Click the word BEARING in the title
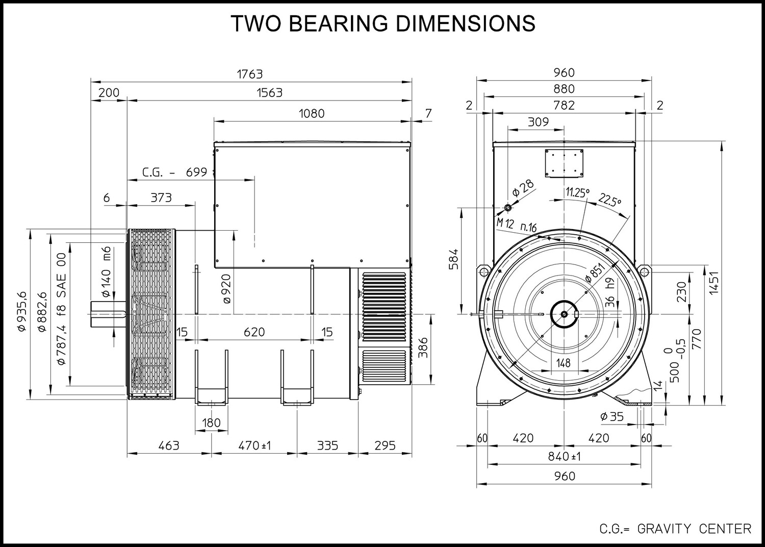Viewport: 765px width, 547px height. coord(340,23)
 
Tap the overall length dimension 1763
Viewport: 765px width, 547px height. coord(250,74)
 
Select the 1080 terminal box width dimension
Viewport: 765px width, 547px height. coord(312,113)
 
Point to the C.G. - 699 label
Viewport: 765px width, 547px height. coord(174,172)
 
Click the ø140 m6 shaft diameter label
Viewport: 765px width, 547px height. coord(106,271)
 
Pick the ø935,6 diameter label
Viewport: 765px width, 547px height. coord(22,311)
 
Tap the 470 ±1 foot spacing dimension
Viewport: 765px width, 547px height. coord(254,445)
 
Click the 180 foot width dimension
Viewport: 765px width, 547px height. coord(212,423)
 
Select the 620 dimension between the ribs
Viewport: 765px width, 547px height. coord(254,332)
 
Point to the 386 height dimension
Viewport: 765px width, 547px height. coord(423,347)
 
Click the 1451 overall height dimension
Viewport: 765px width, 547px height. coord(713,283)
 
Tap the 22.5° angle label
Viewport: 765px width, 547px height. coord(609,200)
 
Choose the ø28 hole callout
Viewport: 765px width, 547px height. coord(523,188)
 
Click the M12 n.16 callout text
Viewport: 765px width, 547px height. coord(516,225)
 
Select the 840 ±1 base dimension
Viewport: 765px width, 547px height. coord(564,457)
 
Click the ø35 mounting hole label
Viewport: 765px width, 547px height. coord(611,417)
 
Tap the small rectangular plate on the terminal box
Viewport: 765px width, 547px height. coord(564,163)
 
